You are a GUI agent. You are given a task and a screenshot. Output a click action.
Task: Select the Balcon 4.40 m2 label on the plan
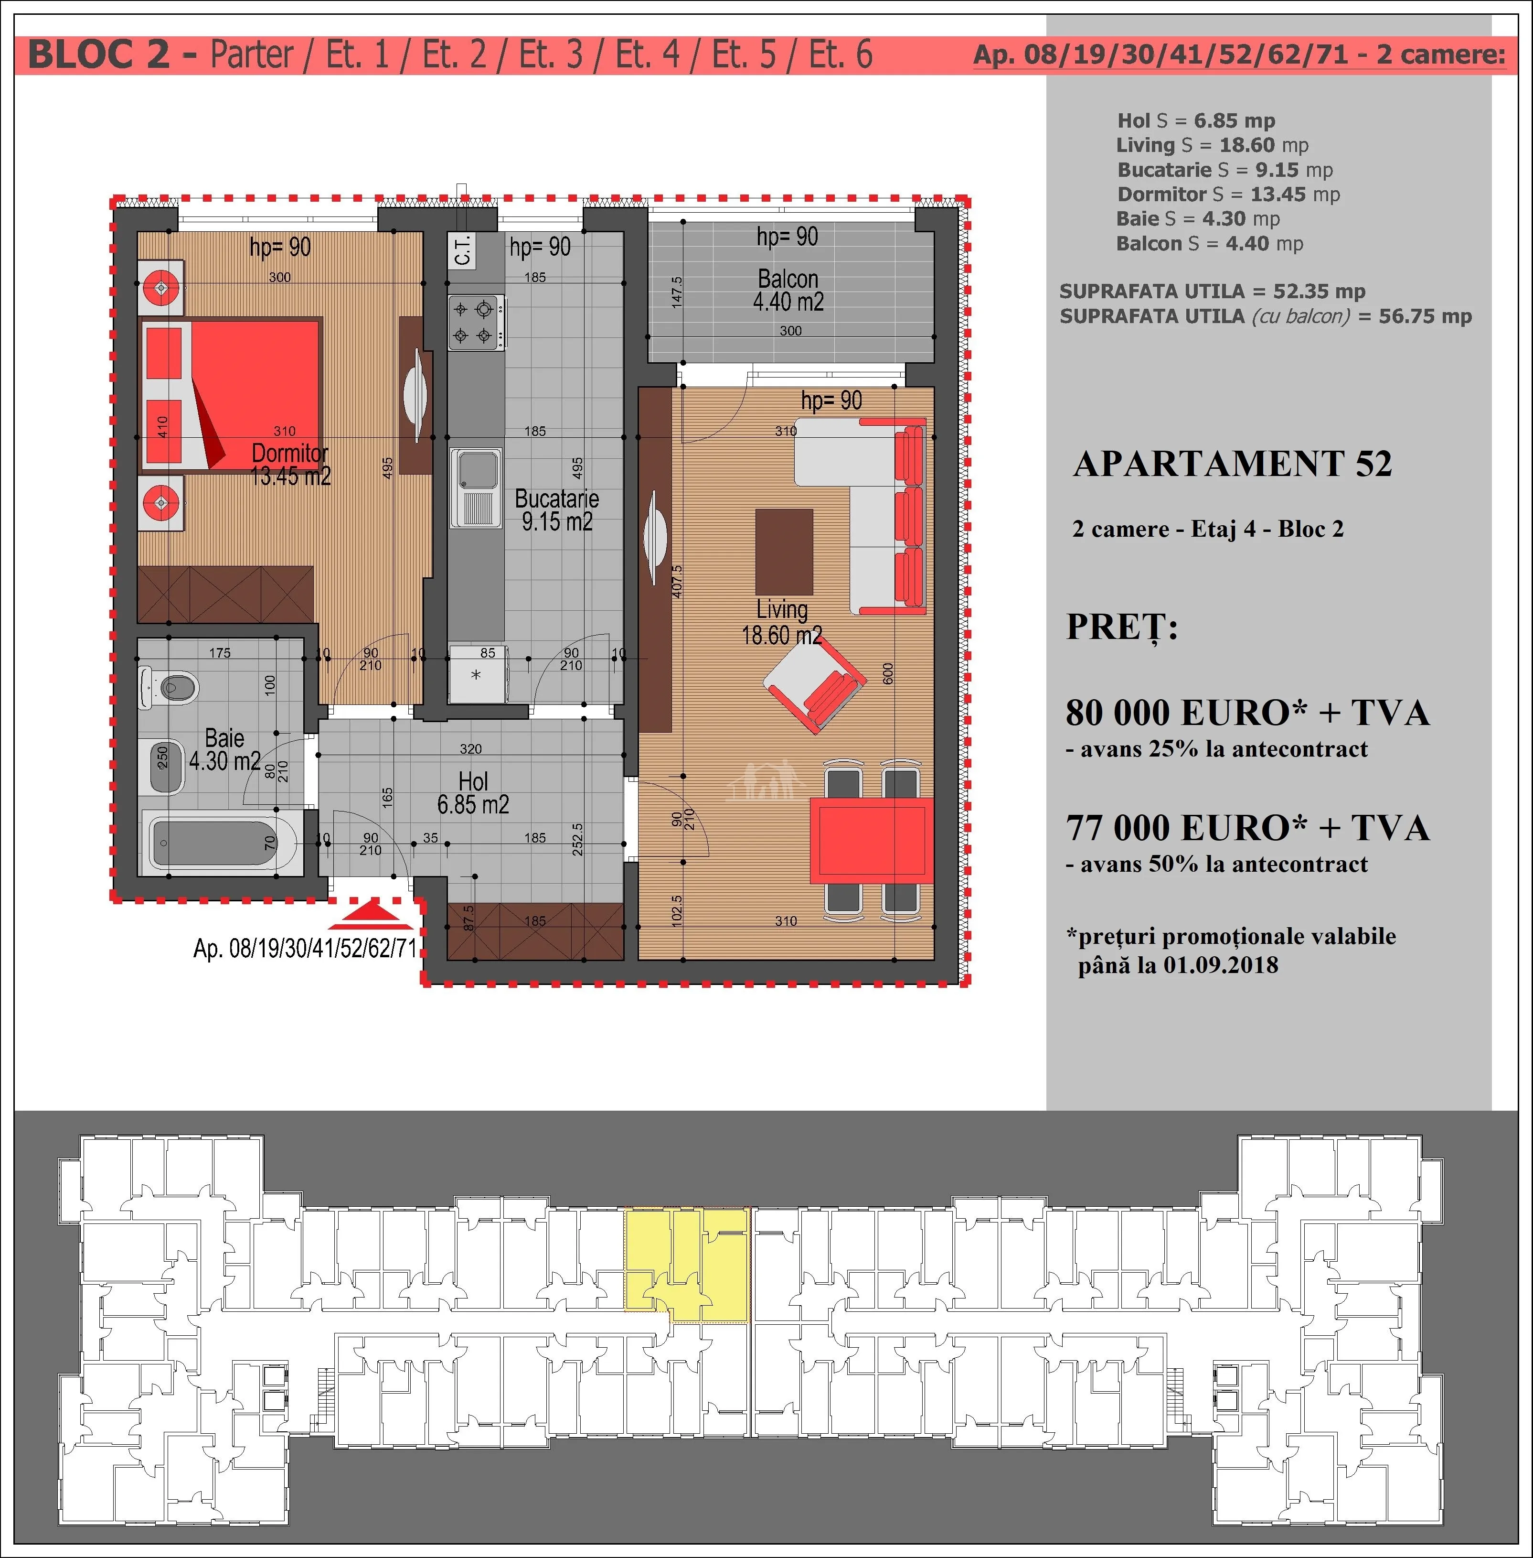coord(788,290)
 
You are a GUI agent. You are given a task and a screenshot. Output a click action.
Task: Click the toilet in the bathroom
coord(169,687)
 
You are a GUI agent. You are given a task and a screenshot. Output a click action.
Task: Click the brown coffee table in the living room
coord(784,552)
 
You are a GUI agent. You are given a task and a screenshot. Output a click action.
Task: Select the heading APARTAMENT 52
coord(1232,464)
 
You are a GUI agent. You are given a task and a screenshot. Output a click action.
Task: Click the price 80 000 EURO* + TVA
coord(1247,712)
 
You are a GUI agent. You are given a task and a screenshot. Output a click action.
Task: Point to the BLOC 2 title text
coord(99,55)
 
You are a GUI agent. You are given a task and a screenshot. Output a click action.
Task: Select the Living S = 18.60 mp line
coord(1212,145)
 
